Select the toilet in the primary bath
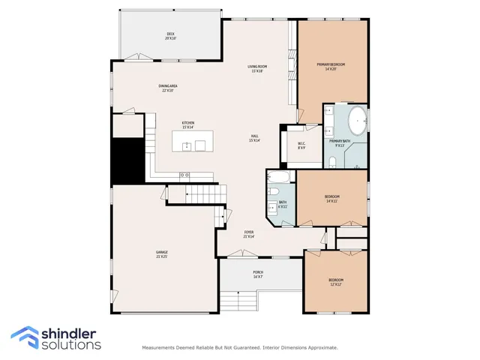pos(331,161)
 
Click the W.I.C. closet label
pos(301,145)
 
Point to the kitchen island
pos(193,141)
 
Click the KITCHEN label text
pos(188,124)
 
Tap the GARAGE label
pos(161,254)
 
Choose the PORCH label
pos(257,274)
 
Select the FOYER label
pos(249,234)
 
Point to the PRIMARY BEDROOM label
pos(331,66)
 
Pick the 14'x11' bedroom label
pos(331,198)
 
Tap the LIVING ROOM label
pos(257,68)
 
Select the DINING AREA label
pos(167,88)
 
